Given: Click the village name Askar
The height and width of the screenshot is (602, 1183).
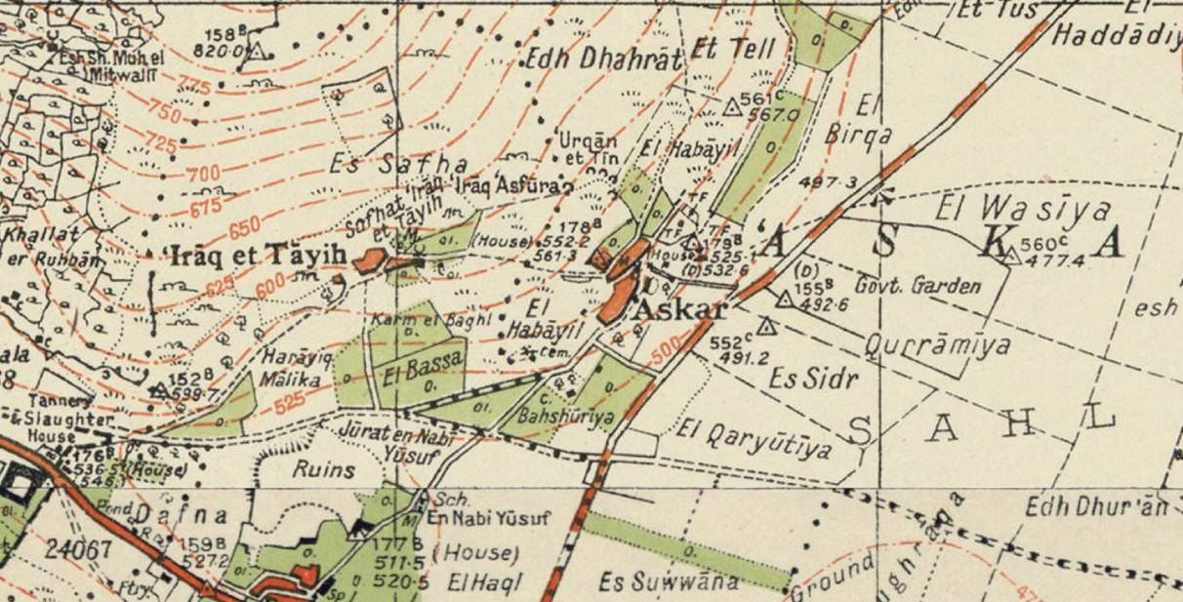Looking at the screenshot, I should [x=680, y=310].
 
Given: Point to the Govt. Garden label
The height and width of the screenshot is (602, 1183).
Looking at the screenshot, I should [x=917, y=286].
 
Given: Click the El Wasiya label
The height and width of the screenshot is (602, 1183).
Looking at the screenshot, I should [x=1023, y=208].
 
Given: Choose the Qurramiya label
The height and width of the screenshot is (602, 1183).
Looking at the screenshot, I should [x=937, y=345].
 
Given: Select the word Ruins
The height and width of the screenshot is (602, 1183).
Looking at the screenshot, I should [x=324, y=468].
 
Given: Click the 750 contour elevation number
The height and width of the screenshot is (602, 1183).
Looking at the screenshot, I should [x=164, y=111].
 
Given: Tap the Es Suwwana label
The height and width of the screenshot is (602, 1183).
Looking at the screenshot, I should [x=651, y=582].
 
